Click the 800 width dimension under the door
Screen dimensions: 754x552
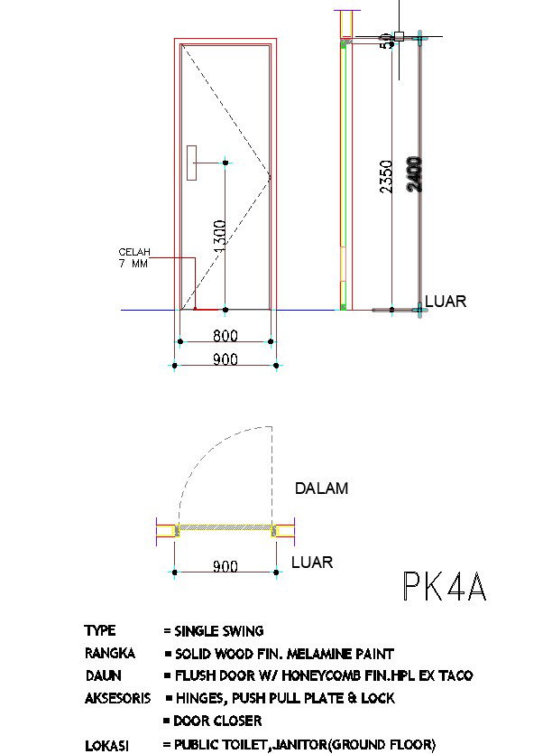tap(225, 336)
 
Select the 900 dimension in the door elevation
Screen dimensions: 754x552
tap(225, 359)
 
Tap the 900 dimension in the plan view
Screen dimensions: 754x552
tap(225, 566)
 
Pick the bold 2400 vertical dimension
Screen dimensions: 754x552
tap(414, 173)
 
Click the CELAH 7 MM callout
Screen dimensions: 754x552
tap(133, 257)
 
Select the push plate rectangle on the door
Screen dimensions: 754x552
tap(191, 163)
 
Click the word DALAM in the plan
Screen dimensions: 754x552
tap(322, 489)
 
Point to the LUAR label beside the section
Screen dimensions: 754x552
tap(446, 302)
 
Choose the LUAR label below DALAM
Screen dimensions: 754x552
tap(312, 563)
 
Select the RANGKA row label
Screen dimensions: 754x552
tap(110, 653)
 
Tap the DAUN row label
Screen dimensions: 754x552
tap(103, 675)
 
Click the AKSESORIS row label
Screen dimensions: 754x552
tap(117, 698)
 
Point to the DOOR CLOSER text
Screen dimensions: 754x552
tap(217, 721)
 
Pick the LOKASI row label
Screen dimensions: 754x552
tap(106, 745)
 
